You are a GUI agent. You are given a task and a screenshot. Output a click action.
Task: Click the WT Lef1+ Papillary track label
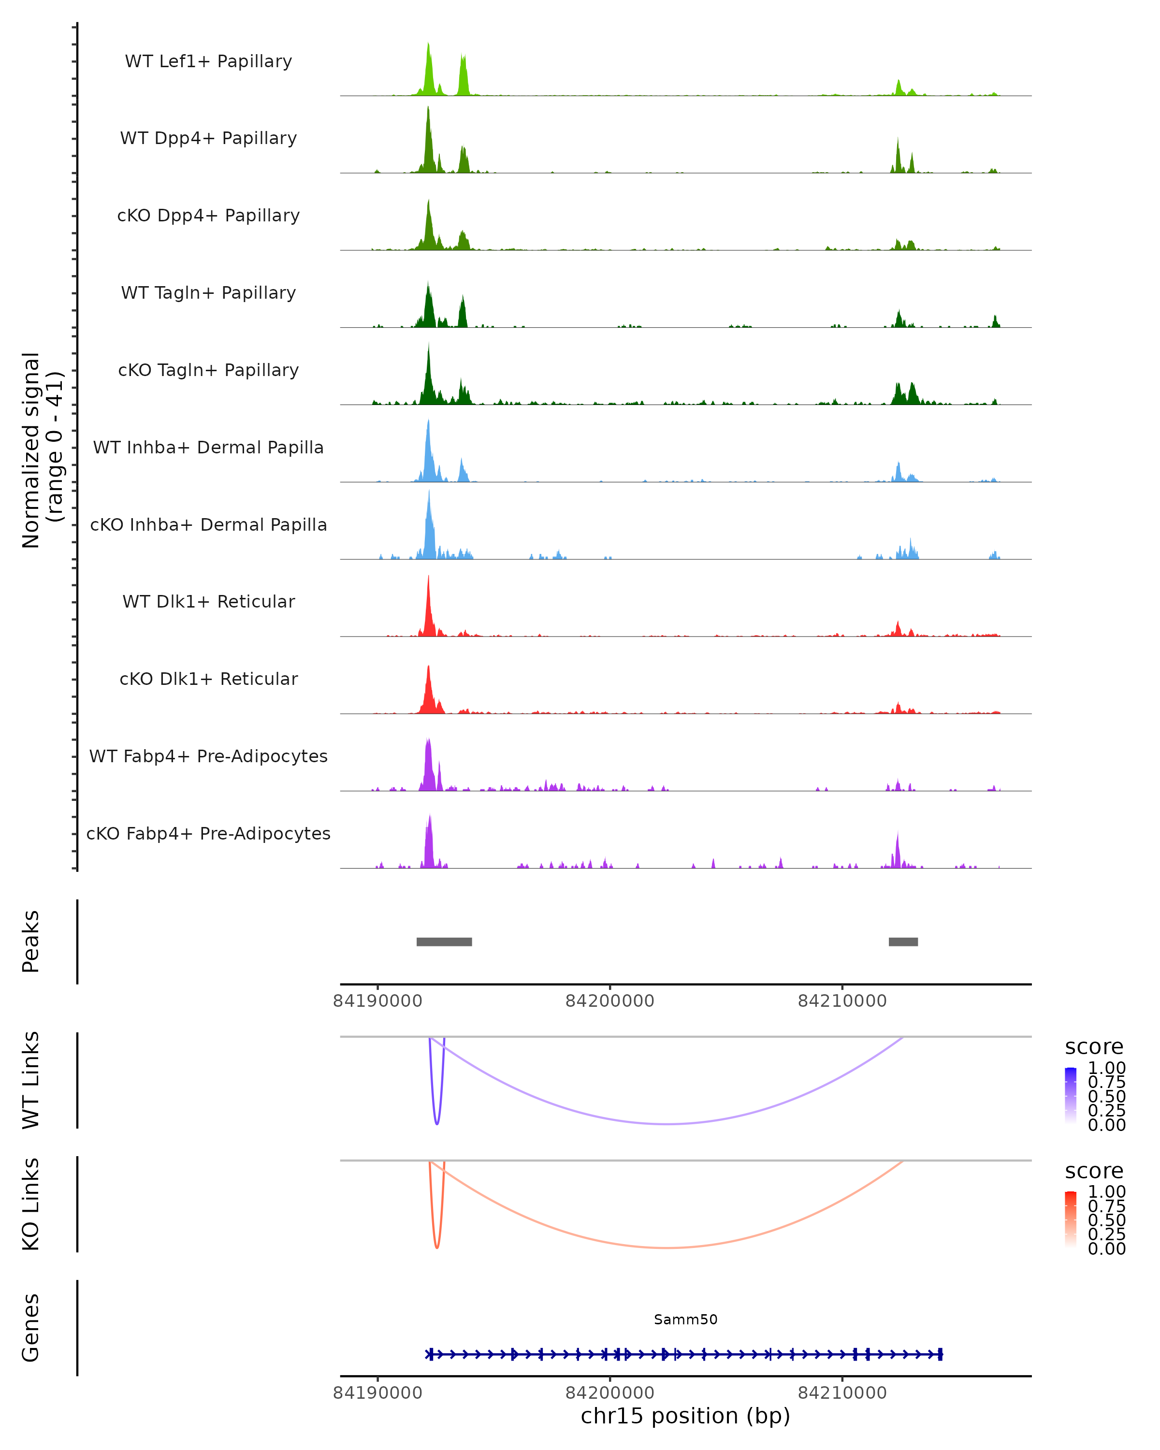coord(208,61)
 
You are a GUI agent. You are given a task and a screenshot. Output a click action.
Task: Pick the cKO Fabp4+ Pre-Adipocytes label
coord(208,833)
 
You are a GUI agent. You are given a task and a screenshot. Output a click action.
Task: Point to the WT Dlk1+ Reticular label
coord(208,601)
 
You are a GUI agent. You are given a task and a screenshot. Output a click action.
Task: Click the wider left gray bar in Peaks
coord(444,942)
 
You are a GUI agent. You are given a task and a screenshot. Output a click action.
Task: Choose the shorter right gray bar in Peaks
coord(903,942)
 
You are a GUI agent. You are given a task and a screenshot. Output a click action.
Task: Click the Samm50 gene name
coord(685,1319)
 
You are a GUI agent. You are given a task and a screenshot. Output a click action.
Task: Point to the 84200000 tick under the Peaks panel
coord(610,1001)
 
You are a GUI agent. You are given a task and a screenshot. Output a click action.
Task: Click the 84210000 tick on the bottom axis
coord(842,1393)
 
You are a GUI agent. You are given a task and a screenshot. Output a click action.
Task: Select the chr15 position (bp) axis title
coord(685,1416)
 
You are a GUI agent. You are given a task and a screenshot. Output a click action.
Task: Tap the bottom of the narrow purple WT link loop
coord(437,1123)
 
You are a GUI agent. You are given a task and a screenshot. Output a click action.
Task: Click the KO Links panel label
coord(31,1204)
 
